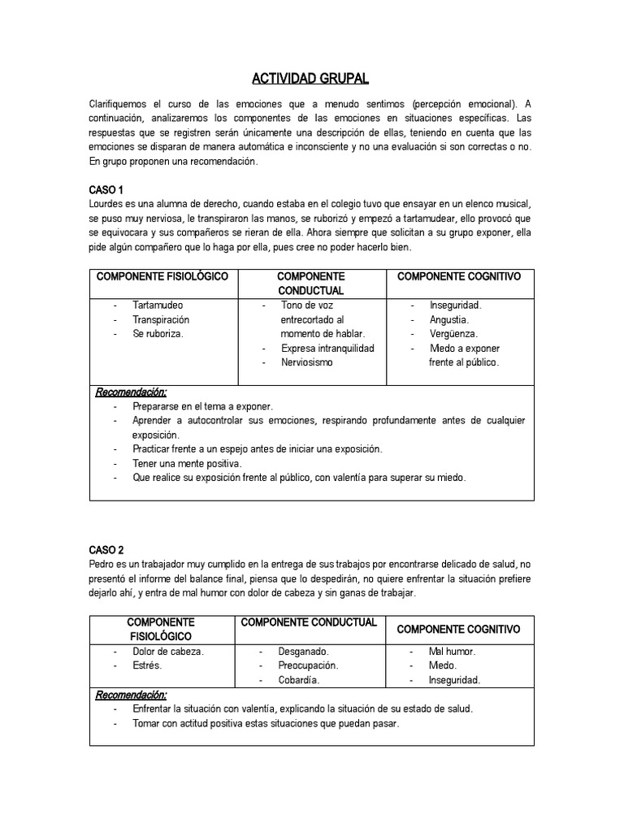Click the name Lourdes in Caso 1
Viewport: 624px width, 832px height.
(x=107, y=204)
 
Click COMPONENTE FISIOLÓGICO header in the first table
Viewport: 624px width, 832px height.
(x=162, y=277)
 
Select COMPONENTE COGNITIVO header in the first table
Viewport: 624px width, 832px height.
(x=459, y=277)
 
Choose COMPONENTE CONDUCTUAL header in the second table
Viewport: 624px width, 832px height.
(x=309, y=622)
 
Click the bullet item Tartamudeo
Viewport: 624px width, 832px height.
(x=158, y=305)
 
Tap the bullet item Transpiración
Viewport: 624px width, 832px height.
(x=161, y=320)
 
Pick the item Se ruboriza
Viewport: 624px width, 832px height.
(x=158, y=334)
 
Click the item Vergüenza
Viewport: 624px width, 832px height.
(x=454, y=334)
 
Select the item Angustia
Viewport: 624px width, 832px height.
(x=449, y=320)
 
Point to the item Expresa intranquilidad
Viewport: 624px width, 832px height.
(x=327, y=349)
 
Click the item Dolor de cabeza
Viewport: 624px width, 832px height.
(x=168, y=652)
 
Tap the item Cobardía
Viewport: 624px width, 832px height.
(x=299, y=680)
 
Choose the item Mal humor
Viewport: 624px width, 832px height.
(x=452, y=652)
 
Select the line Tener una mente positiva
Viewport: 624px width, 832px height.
(x=188, y=463)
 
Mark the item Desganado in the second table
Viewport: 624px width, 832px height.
(x=303, y=652)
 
